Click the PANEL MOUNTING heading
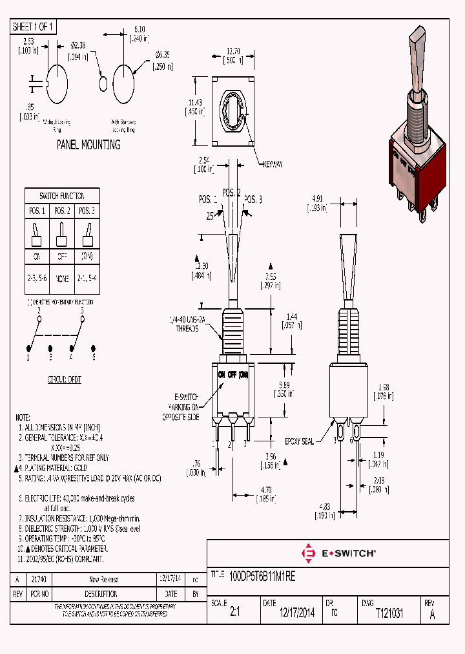pos(88,145)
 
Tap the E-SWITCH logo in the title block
pos(339,553)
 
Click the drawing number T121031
pos(389,614)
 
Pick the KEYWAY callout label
pos(271,164)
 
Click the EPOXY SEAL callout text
pos(299,441)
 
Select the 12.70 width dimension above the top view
pos(234,51)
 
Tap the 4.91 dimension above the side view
pos(317,198)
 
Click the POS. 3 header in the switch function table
pos(86,211)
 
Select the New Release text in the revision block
pos(103,579)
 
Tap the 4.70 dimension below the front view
pos(265,490)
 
